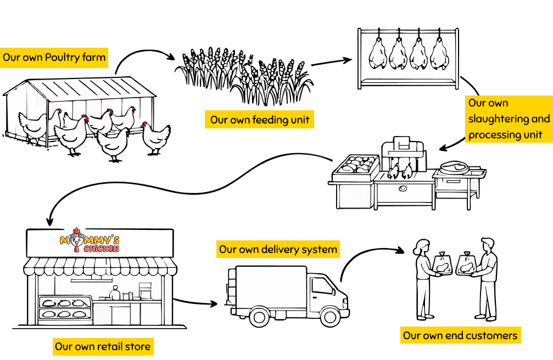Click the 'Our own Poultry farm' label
54,58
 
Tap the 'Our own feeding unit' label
260,120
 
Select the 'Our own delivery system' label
278,250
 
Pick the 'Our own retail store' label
103,347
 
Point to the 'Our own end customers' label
460,335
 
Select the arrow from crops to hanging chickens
332,61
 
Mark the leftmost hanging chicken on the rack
377,53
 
